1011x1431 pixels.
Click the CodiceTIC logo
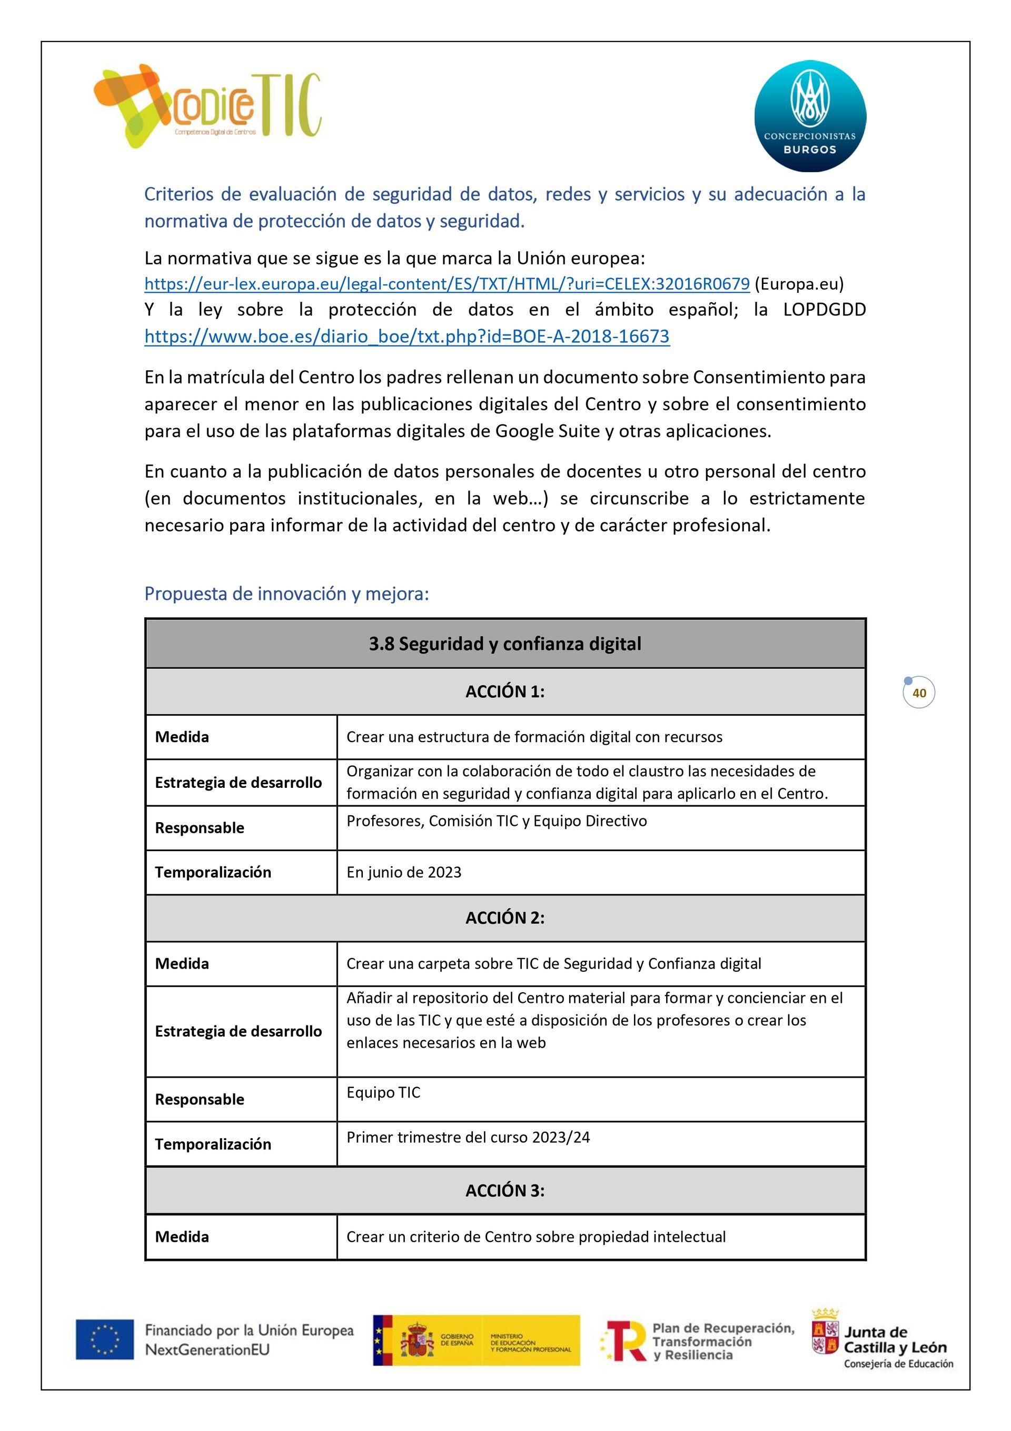[x=207, y=106]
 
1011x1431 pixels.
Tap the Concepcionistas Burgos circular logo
[x=810, y=116]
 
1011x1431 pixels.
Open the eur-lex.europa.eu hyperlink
[x=447, y=284]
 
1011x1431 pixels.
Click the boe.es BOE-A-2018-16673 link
[x=407, y=337]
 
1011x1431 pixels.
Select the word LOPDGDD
[x=824, y=310]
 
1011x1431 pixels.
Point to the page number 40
[x=919, y=693]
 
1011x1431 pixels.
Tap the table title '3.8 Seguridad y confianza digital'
[x=505, y=644]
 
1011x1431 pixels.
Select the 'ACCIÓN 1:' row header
[x=505, y=691]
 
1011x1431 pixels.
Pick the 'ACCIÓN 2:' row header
[x=505, y=917]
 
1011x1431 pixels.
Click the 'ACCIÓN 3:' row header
[x=505, y=1190]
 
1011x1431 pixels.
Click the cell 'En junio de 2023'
[x=404, y=872]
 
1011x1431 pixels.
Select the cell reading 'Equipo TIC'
[x=383, y=1092]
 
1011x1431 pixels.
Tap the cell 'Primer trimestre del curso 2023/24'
[x=468, y=1138]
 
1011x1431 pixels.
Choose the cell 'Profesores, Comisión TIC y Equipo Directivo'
[x=497, y=821]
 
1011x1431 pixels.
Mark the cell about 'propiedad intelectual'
[x=536, y=1237]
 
